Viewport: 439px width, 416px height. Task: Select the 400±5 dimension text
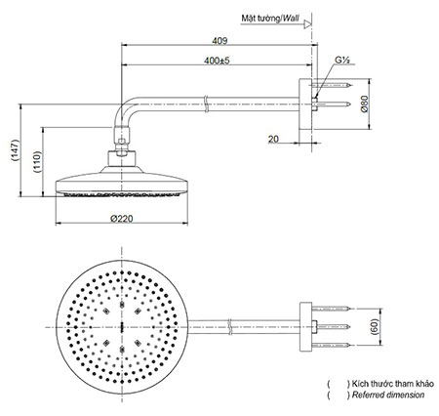[218, 62]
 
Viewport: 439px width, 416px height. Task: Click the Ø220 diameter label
[122, 219]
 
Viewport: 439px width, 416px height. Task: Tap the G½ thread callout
[341, 62]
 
